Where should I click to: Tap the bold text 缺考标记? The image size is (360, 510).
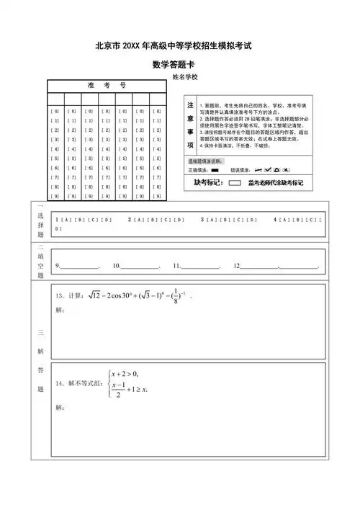(204, 184)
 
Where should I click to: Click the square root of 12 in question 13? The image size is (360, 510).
(96, 295)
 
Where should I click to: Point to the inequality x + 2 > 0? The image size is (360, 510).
(126, 373)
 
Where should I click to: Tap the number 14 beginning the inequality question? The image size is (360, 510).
(59, 383)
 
